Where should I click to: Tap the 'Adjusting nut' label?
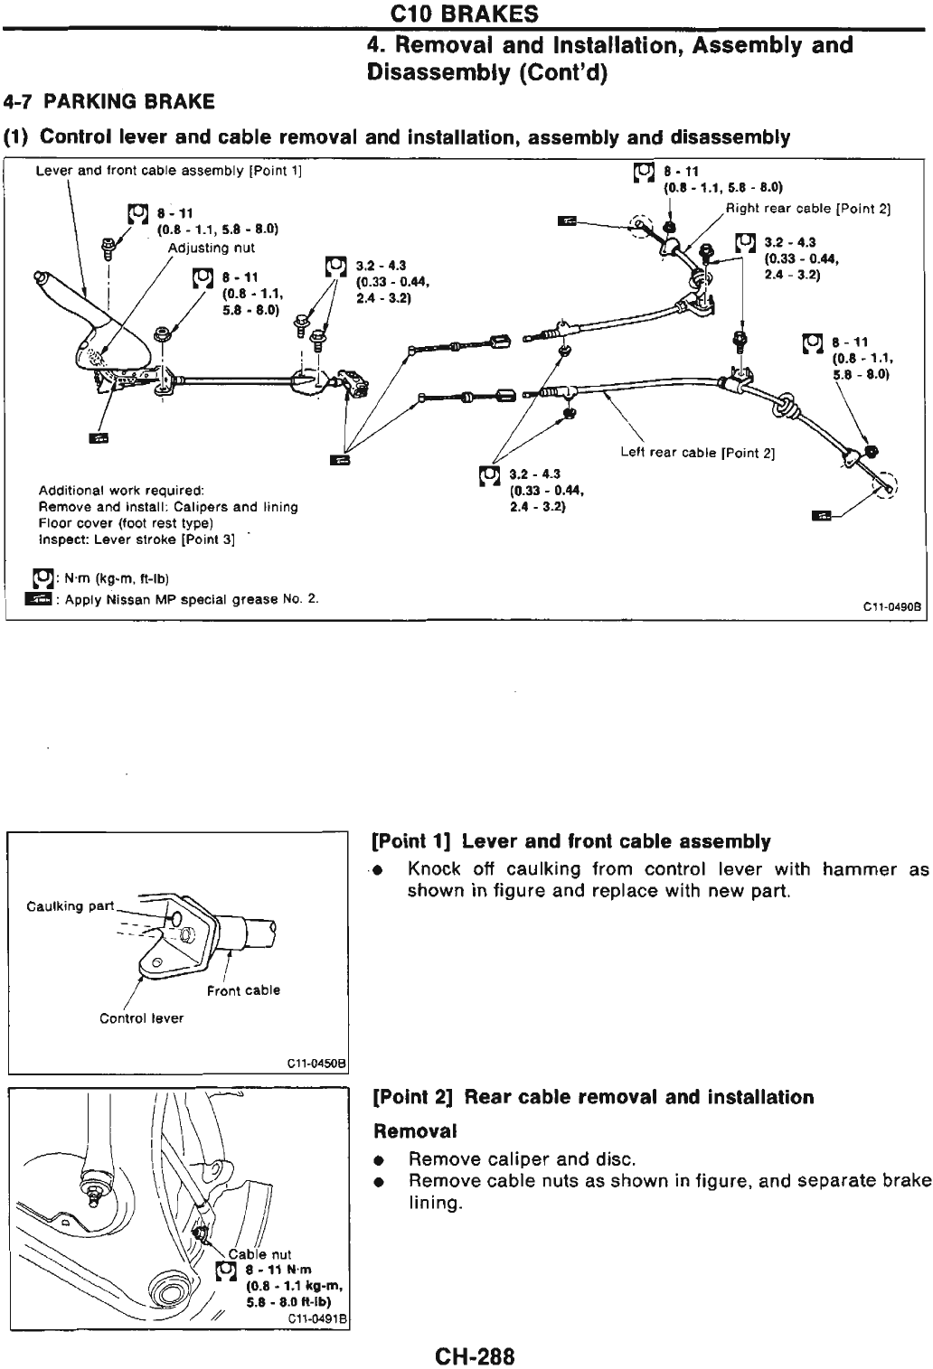pos(212,248)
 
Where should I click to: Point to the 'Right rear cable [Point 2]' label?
pos(809,209)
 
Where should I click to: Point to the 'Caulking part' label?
pos(71,906)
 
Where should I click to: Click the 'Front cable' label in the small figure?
pos(243,990)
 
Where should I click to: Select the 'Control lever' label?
pos(141,1018)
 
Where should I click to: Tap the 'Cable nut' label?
pos(259,1253)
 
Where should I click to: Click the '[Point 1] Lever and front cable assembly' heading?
pos(570,842)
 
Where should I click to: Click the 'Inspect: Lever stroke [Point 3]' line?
pos(137,539)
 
